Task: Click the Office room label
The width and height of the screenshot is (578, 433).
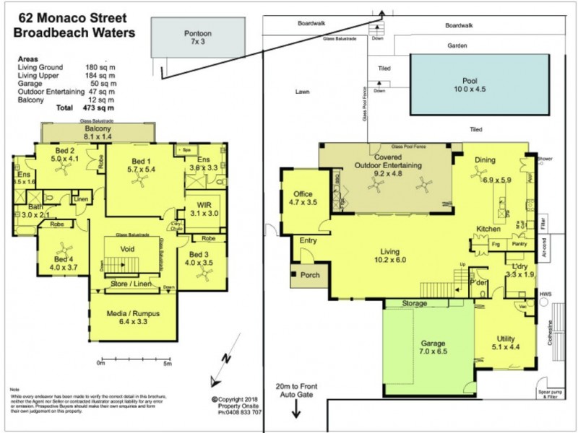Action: point(303,194)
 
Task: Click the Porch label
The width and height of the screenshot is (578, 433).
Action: point(311,276)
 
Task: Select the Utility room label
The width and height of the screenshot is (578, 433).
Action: point(506,338)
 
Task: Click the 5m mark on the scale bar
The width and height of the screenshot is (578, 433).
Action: point(168,363)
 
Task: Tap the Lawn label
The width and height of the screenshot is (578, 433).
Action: point(303,92)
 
